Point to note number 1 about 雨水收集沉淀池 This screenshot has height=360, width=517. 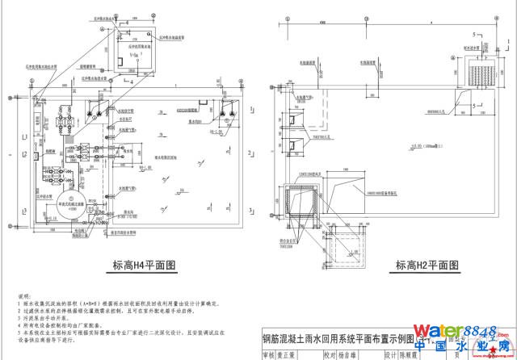tap(121, 305)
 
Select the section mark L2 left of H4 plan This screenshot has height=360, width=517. tap(25, 154)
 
